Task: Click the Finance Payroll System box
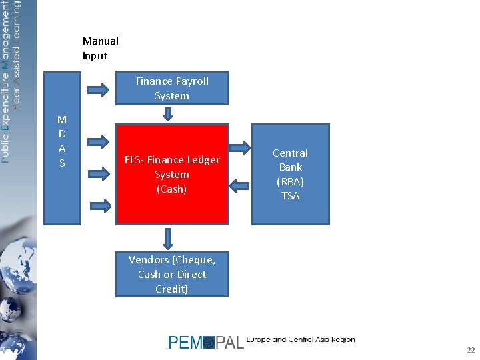pyautogui.click(x=172, y=89)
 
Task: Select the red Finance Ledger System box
pyautogui.click(x=172, y=174)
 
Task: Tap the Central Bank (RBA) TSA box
pyautogui.click(x=290, y=174)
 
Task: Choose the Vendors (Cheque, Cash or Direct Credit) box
pyautogui.click(x=172, y=274)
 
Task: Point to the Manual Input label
pyautogui.click(x=100, y=48)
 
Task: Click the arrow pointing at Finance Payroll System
pyautogui.click(x=99, y=89)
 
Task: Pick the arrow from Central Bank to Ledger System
pyautogui.click(x=239, y=184)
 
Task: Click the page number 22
pyautogui.click(x=471, y=350)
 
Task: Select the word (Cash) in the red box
pyautogui.click(x=172, y=189)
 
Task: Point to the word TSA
pyautogui.click(x=290, y=196)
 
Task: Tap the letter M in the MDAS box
pyautogui.click(x=62, y=120)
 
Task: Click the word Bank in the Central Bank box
pyautogui.click(x=290, y=167)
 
